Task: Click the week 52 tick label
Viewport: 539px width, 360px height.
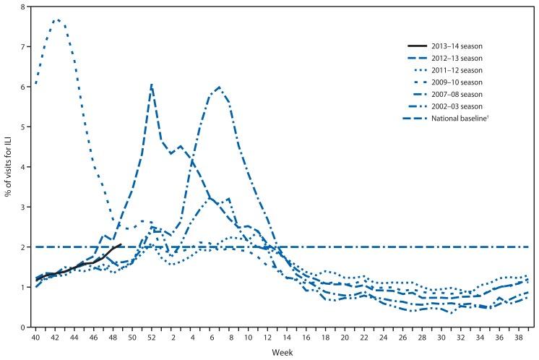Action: click(x=151, y=337)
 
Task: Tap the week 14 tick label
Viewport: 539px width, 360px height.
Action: click(x=287, y=337)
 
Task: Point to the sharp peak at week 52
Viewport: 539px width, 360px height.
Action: click(x=151, y=85)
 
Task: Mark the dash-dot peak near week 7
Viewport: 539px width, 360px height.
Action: click(x=219, y=87)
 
